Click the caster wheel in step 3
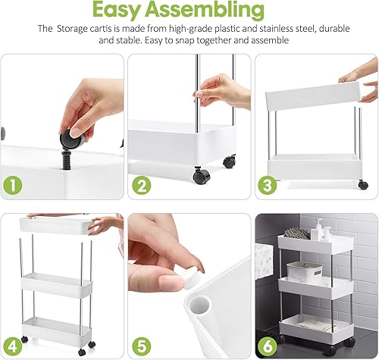coord(363,184)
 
